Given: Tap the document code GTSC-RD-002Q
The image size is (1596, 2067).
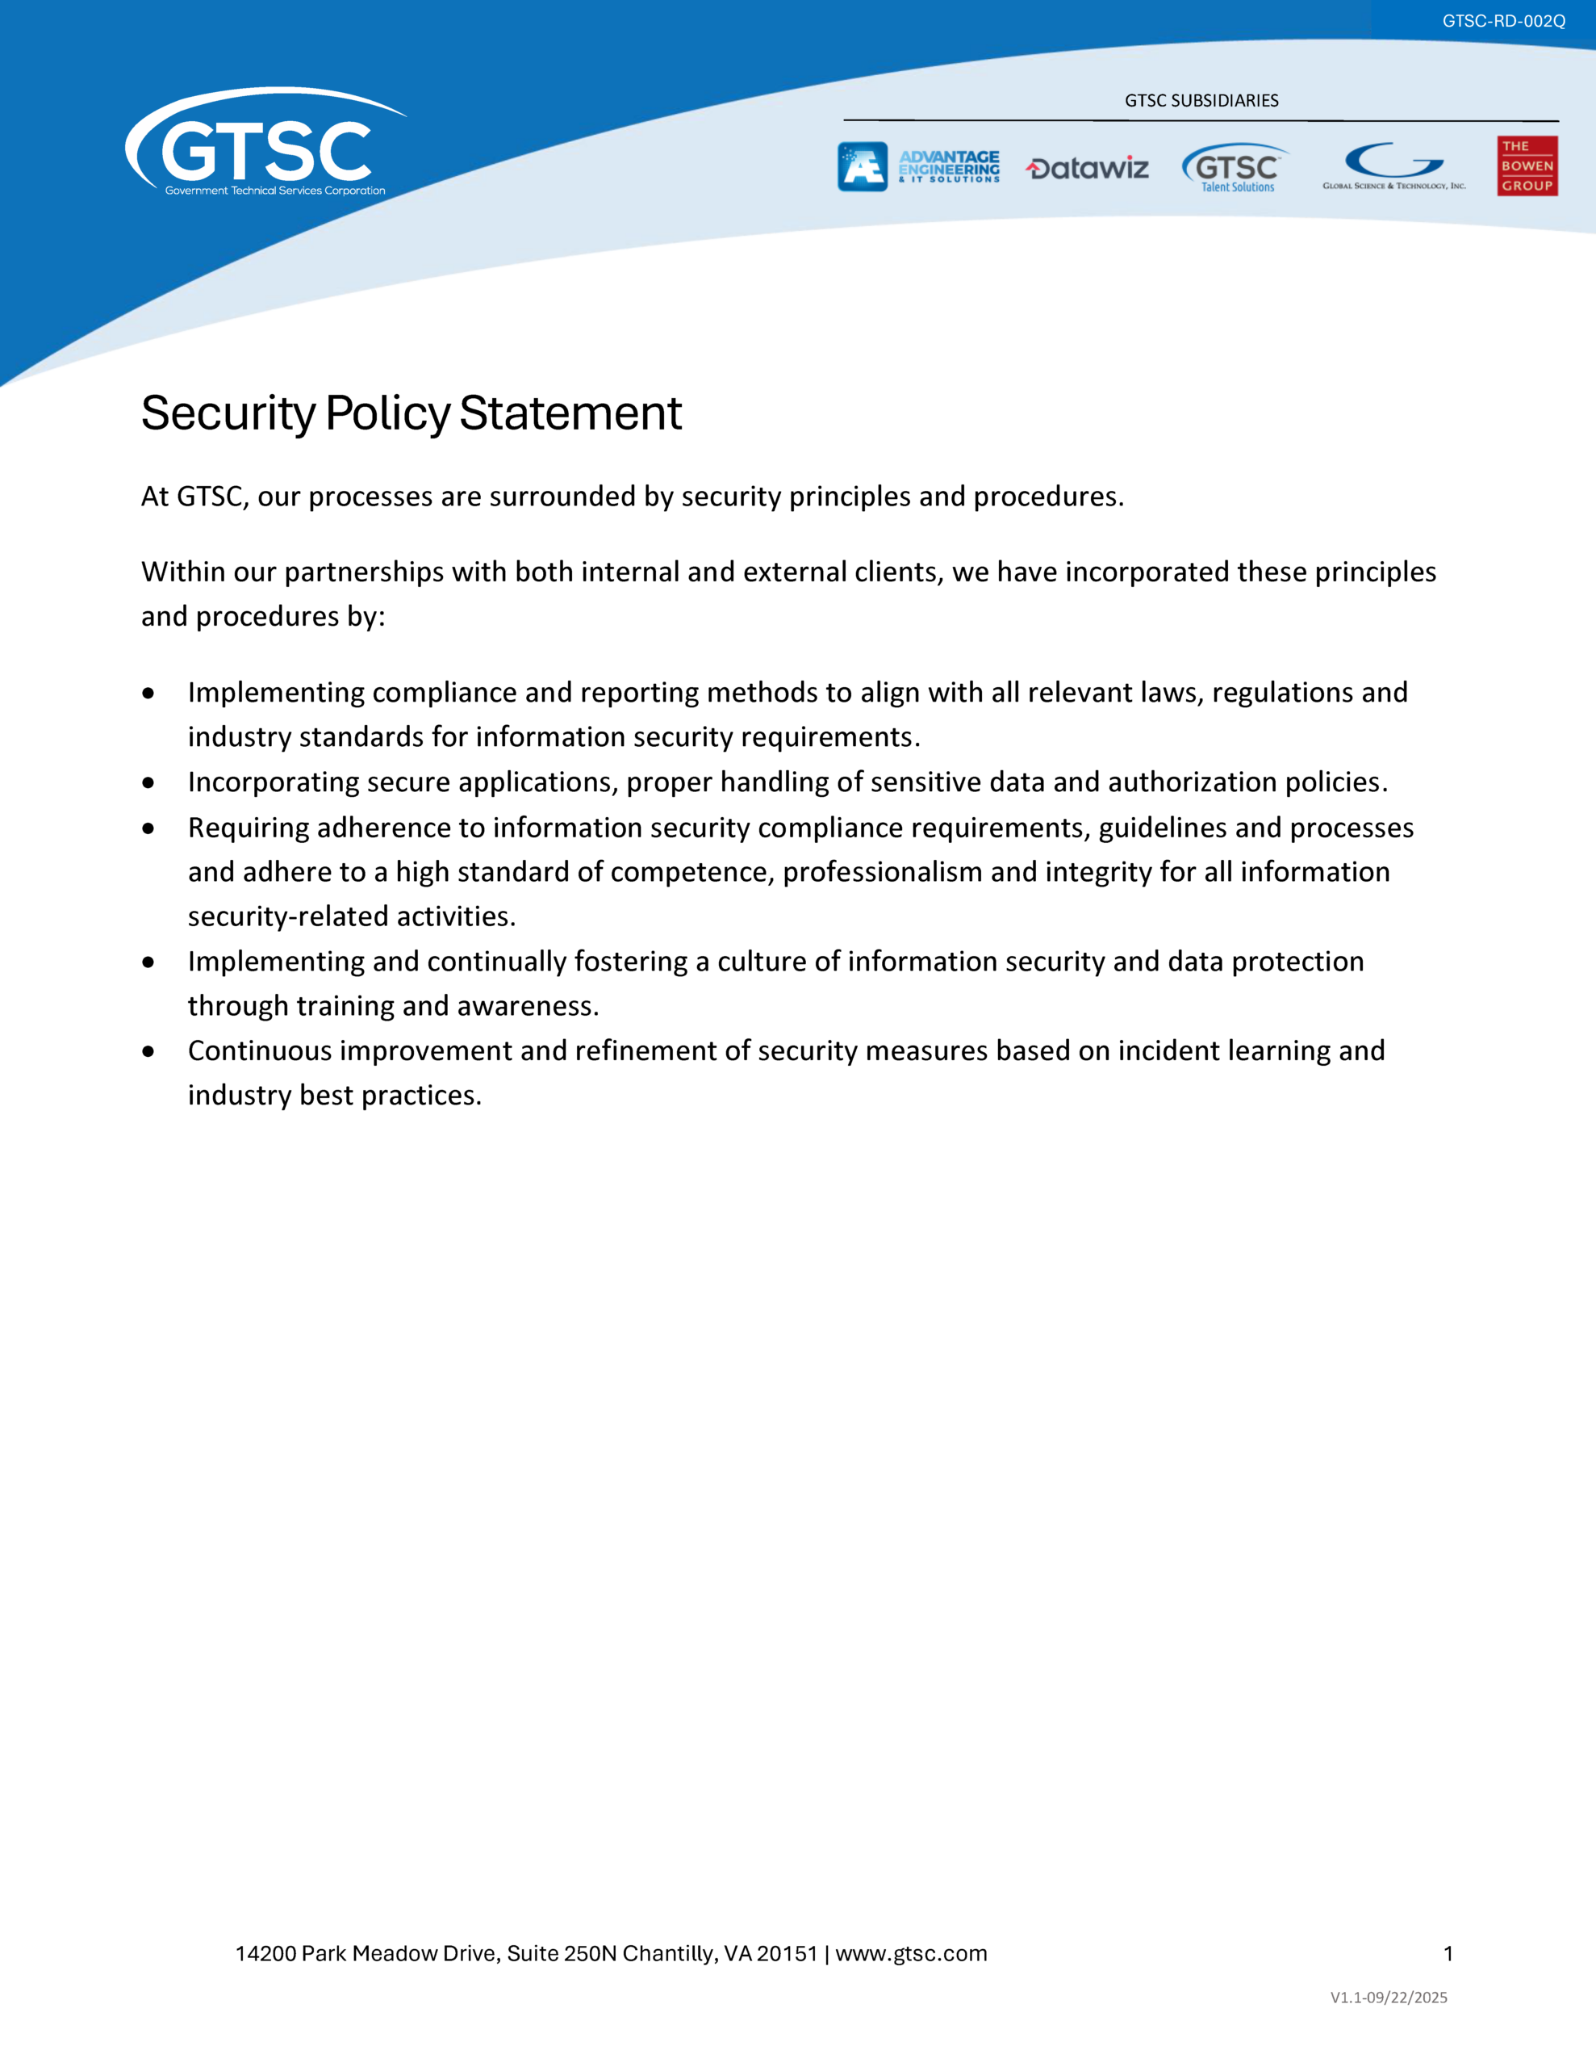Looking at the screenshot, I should [1503, 21].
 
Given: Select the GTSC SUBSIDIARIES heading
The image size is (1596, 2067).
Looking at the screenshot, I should [1201, 100].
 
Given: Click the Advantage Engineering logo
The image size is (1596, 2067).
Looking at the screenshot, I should [917, 166].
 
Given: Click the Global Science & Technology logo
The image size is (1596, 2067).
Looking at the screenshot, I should [1393, 166].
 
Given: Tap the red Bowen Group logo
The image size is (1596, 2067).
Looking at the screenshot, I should [1527, 166].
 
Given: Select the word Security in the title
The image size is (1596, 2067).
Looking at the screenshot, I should [228, 413].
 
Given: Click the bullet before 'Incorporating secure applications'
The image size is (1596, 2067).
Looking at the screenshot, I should [148, 782].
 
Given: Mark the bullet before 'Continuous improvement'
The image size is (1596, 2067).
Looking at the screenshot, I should [148, 1051].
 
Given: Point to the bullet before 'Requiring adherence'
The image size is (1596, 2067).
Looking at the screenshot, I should [148, 828].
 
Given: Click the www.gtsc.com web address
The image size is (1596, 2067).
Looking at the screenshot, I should [911, 1953].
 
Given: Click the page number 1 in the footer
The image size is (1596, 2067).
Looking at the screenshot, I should [1448, 1953].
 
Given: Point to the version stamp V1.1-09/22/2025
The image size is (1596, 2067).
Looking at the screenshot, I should [1388, 1997].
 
